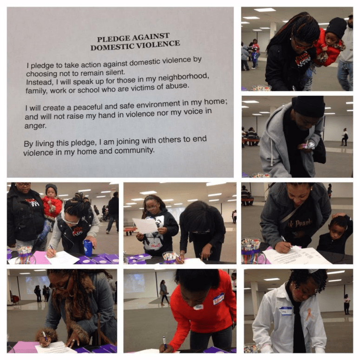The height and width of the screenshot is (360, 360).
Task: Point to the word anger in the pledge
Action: [x=35, y=126]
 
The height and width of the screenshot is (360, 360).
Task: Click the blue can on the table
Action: [x=88, y=248]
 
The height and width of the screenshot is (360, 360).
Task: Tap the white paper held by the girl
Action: [x=145, y=226]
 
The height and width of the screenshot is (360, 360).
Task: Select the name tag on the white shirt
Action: [x=285, y=311]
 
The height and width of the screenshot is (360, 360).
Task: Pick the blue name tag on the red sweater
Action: [x=218, y=300]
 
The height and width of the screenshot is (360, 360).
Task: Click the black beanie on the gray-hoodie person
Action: [x=308, y=106]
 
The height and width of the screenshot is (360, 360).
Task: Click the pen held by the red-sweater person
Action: [x=165, y=343]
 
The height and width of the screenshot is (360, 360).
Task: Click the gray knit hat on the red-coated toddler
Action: [x=52, y=189]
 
